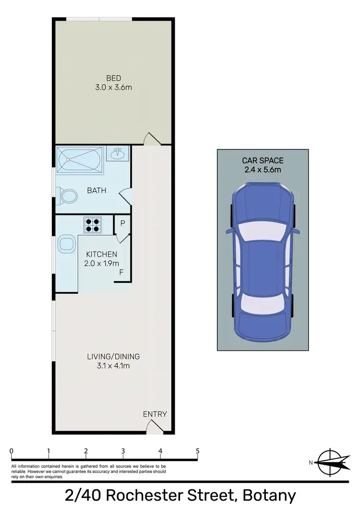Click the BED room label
pos(114,78)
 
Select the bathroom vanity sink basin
pos(117,154)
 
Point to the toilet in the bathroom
pos(68,196)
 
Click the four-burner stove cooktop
pos(93,225)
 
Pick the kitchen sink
pos(66,244)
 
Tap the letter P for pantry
pos(122,224)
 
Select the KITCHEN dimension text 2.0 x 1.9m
pos(101,263)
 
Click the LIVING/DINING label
pos(113,356)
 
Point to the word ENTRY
pos(155,414)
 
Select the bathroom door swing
pos(124,196)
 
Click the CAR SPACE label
pos(263,160)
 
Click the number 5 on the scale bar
pos(197,451)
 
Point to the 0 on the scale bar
pos(11,451)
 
